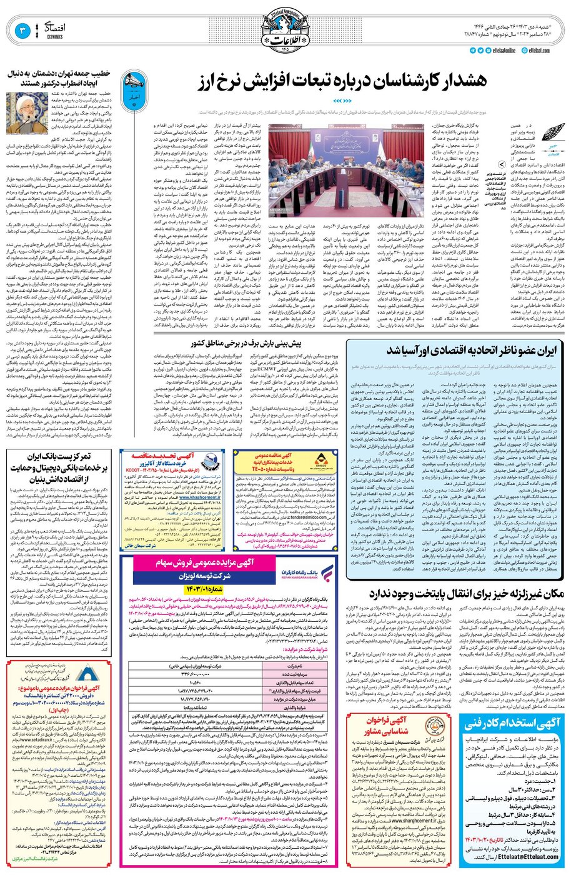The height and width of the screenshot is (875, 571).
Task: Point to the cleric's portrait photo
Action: pos(21,112)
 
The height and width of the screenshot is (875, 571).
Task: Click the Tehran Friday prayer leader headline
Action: pos(59,77)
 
